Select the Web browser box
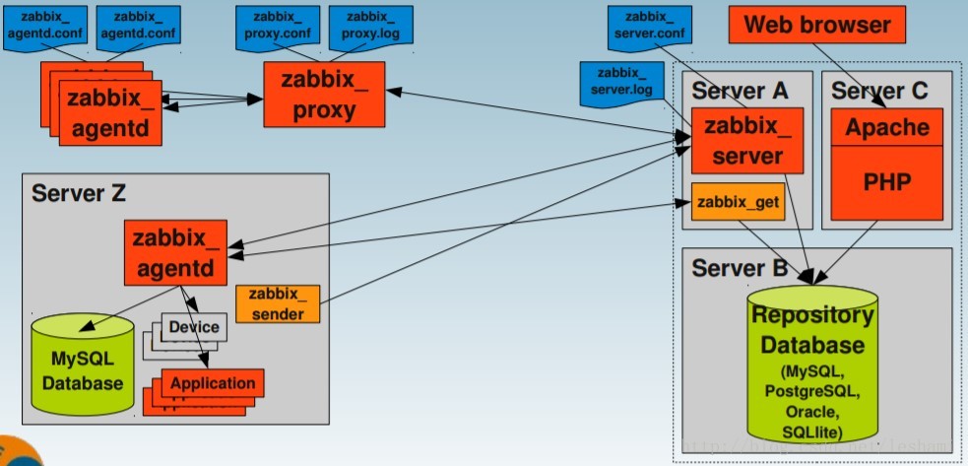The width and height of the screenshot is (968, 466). pyautogui.click(x=816, y=26)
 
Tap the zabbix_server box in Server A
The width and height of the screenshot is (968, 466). pyautogui.click(x=747, y=141)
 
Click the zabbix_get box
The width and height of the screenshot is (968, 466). pyautogui.click(x=738, y=203)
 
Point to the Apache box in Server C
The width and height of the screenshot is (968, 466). pyautogui.click(x=886, y=126)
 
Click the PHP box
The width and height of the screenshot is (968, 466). pyautogui.click(x=886, y=183)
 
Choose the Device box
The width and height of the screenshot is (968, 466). pyautogui.click(x=194, y=327)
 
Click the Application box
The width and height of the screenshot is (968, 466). pyautogui.click(x=213, y=382)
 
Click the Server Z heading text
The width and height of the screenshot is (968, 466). pyautogui.click(x=79, y=192)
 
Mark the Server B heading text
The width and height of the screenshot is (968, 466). pyautogui.click(x=739, y=268)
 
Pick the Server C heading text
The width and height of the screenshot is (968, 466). pyautogui.click(x=879, y=91)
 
